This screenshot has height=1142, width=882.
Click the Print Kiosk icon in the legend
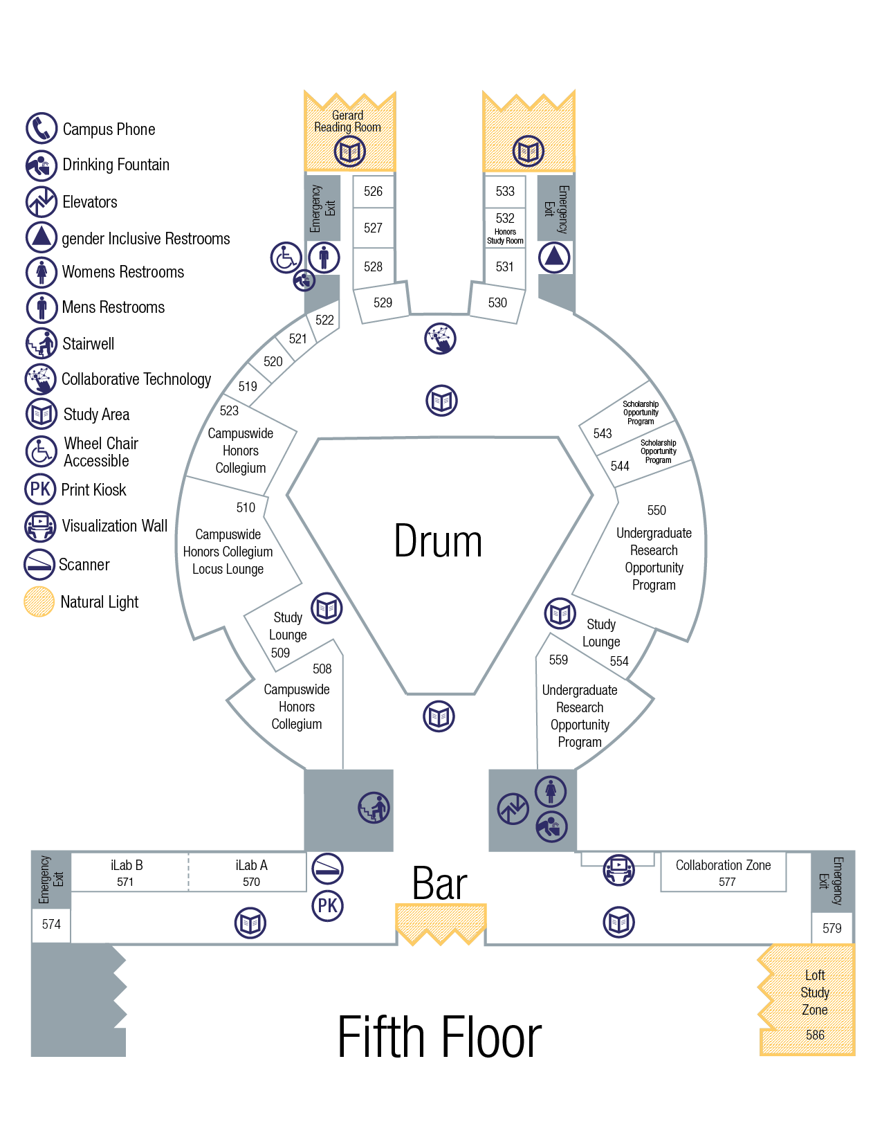[x=40, y=489]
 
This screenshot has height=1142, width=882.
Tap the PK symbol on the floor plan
[x=328, y=905]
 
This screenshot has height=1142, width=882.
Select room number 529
[x=383, y=302]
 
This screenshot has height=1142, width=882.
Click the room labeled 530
[x=497, y=302]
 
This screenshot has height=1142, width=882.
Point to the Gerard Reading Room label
[x=347, y=121]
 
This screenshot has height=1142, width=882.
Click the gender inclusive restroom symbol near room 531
[x=554, y=257]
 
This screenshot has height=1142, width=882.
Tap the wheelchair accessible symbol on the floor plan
[x=286, y=257]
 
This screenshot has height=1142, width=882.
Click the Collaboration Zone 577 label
[x=723, y=872]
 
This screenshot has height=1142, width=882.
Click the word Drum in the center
[x=438, y=541]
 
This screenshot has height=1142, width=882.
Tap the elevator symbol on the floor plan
[x=513, y=809]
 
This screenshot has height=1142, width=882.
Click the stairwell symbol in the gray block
[x=374, y=808]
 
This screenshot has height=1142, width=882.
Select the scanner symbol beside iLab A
[x=328, y=869]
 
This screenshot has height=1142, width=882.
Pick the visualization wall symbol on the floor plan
[x=619, y=870]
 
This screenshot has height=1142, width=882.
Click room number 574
[x=51, y=924]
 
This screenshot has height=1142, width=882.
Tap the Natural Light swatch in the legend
[x=39, y=601]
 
